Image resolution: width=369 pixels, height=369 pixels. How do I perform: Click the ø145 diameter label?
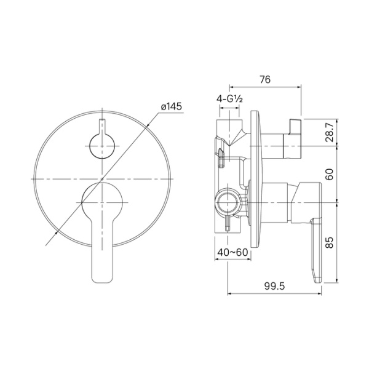[x=171, y=106]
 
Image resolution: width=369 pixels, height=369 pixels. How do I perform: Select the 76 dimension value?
[x=265, y=79]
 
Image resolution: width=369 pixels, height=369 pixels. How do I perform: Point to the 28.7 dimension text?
[x=330, y=132]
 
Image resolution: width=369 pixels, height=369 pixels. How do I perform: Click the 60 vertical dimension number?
[x=330, y=174]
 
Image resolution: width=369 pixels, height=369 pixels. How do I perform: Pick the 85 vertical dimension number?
[x=330, y=243]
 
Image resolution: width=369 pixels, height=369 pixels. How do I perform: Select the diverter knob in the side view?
[x=292, y=133]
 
